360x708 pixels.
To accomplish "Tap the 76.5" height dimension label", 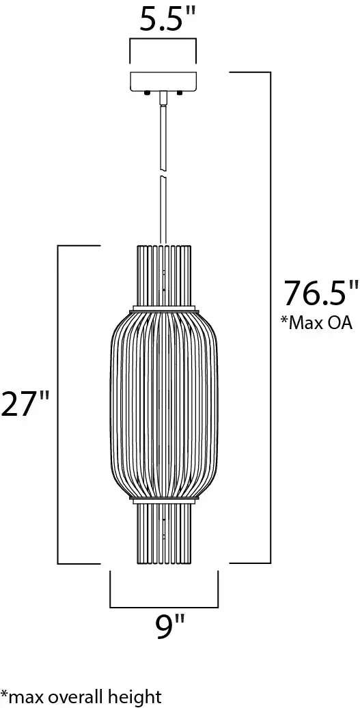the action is click(320, 294).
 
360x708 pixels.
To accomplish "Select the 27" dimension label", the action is click(24, 404).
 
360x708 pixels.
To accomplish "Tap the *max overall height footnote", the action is click(81, 696).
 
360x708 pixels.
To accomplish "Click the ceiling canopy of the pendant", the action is click(163, 82).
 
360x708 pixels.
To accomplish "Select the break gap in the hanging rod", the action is click(163, 173).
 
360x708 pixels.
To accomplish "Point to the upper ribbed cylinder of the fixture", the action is click(164, 277).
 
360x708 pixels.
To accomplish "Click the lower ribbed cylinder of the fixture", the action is click(164, 533).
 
